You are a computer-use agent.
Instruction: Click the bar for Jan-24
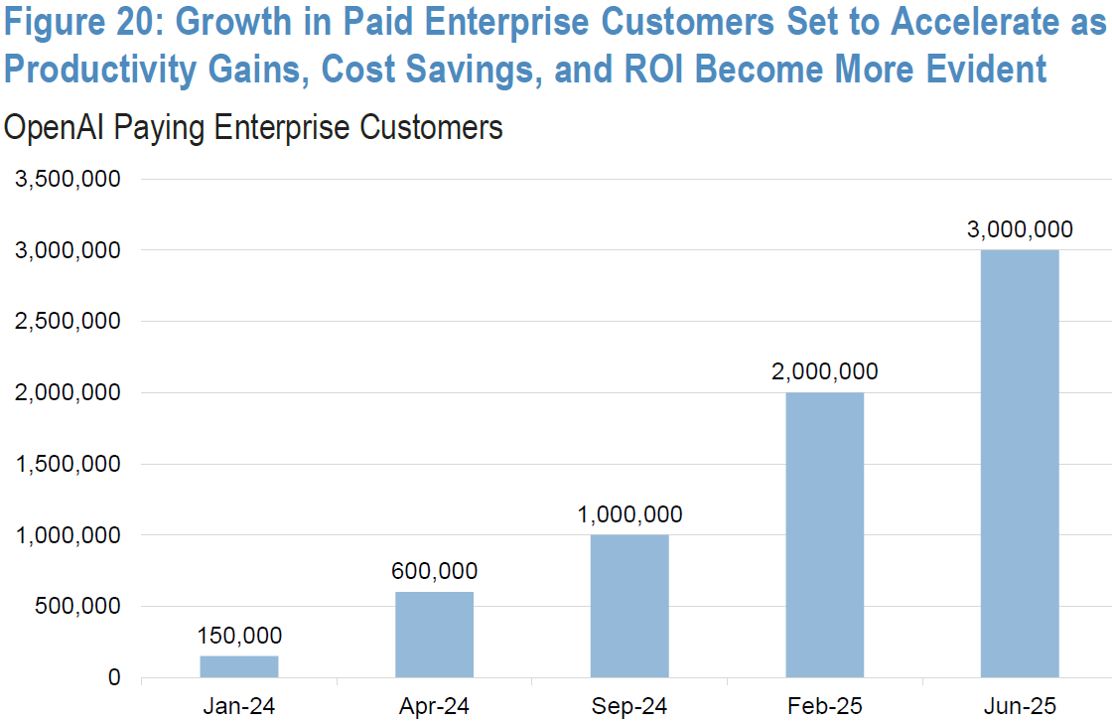[x=239, y=666]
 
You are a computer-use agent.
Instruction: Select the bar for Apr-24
[x=434, y=635]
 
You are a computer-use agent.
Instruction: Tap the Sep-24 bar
[x=629, y=606]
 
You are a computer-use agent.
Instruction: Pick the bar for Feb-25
[x=824, y=534]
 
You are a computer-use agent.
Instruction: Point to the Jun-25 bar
[x=1020, y=463]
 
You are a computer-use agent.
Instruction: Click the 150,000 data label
[x=239, y=636]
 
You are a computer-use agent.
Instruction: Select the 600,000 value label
[x=434, y=571]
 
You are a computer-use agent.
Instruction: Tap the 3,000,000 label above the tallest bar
[x=1020, y=229]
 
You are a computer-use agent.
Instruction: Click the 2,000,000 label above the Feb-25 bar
[x=824, y=371]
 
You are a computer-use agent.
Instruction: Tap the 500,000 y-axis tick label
[x=79, y=607]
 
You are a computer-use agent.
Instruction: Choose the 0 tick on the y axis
[x=115, y=678]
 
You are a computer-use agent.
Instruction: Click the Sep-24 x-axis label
[x=629, y=707]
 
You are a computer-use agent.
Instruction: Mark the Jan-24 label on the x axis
[x=239, y=707]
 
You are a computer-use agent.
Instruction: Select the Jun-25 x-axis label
[x=1020, y=707]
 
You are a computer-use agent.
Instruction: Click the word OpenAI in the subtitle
[x=60, y=127]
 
